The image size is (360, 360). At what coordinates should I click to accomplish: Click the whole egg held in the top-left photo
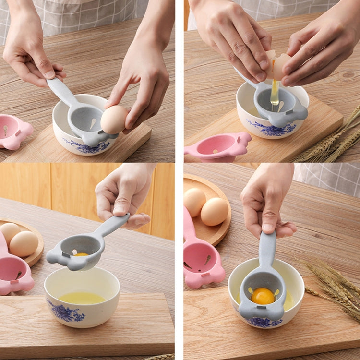tap(114, 120)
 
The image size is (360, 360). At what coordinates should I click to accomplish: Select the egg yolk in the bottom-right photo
tap(263, 296)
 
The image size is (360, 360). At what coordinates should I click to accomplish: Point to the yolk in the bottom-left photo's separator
tap(81, 254)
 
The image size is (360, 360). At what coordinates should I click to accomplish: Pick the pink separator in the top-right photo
tap(218, 146)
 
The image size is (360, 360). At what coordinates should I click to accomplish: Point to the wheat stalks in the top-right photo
tap(331, 142)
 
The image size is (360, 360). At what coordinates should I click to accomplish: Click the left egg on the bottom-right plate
tap(194, 202)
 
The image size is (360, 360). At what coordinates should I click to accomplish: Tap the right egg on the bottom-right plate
tap(215, 211)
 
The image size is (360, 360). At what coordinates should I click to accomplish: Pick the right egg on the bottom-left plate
tap(24, 244)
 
